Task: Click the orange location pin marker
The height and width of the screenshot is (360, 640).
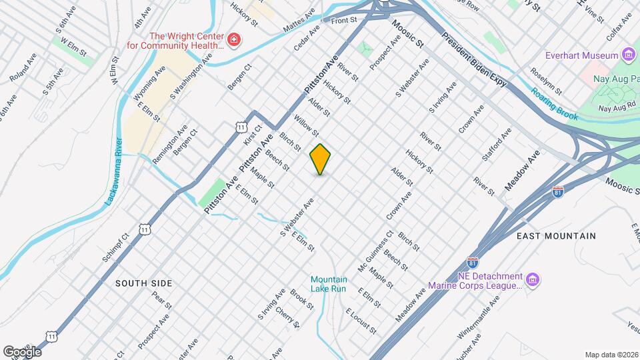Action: pyautogui.click(x=320, y=159)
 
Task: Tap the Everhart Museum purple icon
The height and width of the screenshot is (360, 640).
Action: pyautogui.click(x=628, y=55)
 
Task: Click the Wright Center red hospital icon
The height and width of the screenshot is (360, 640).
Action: pyautogui.click(x=233, y=41)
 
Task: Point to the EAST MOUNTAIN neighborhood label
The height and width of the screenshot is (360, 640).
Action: pyautogui.click(x=556, y=236)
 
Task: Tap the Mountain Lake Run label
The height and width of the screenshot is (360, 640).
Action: pyautogui.click(x=329, y=284)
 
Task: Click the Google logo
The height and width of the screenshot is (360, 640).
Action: pyautogui.click(x=21, y=351)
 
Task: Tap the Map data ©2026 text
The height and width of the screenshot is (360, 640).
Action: pyautogui.click(x=611, y=355)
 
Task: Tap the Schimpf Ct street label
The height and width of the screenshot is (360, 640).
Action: pyautogui.click(x=115, y=247)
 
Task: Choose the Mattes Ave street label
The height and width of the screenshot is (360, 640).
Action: pyautogui.click(x=299, y=22)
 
